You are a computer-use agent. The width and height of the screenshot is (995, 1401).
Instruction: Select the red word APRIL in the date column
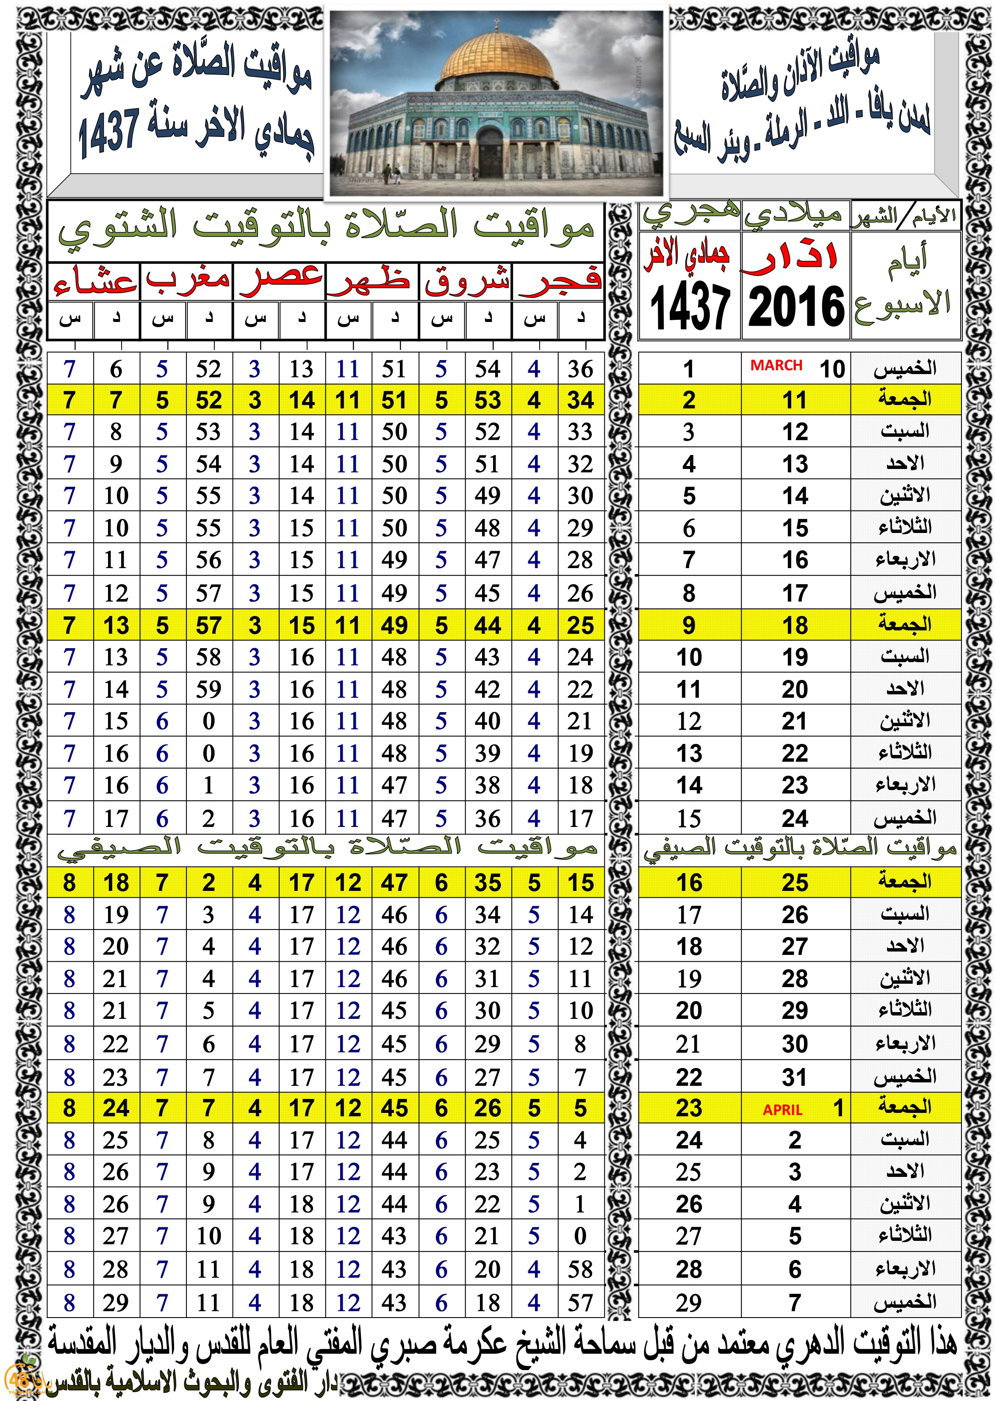pos(782,1110)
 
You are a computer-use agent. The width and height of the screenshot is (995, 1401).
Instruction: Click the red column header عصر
pos(280,279)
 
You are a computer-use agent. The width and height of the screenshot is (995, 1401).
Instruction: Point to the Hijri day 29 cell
pos(689,1303)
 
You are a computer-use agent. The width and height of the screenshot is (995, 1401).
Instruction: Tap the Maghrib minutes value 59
pos(208,689)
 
